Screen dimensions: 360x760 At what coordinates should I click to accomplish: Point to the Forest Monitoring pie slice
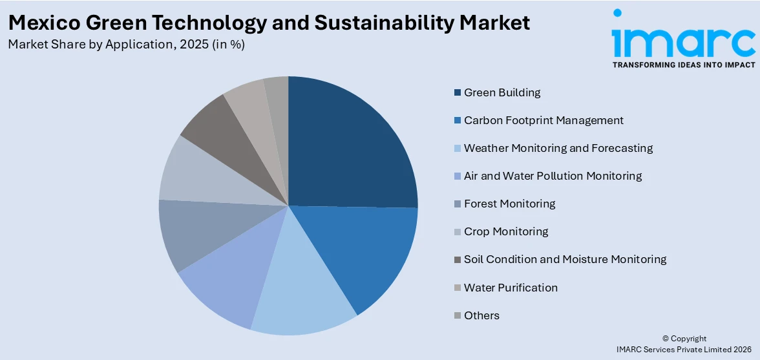point(194,233)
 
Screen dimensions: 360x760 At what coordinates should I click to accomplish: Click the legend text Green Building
point(502,92)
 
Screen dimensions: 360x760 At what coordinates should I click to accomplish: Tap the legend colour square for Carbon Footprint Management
point(458,120)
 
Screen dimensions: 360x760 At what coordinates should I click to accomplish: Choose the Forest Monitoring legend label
point(509,204)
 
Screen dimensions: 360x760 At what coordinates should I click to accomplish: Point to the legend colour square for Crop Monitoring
point(458,231)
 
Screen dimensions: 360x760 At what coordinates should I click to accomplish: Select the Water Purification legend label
point(511,288)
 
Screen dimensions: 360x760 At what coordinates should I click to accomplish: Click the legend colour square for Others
point(458,315)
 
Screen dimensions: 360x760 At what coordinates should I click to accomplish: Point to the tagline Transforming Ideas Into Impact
point(683,65)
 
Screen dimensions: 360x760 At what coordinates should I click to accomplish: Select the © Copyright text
point(684,339)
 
